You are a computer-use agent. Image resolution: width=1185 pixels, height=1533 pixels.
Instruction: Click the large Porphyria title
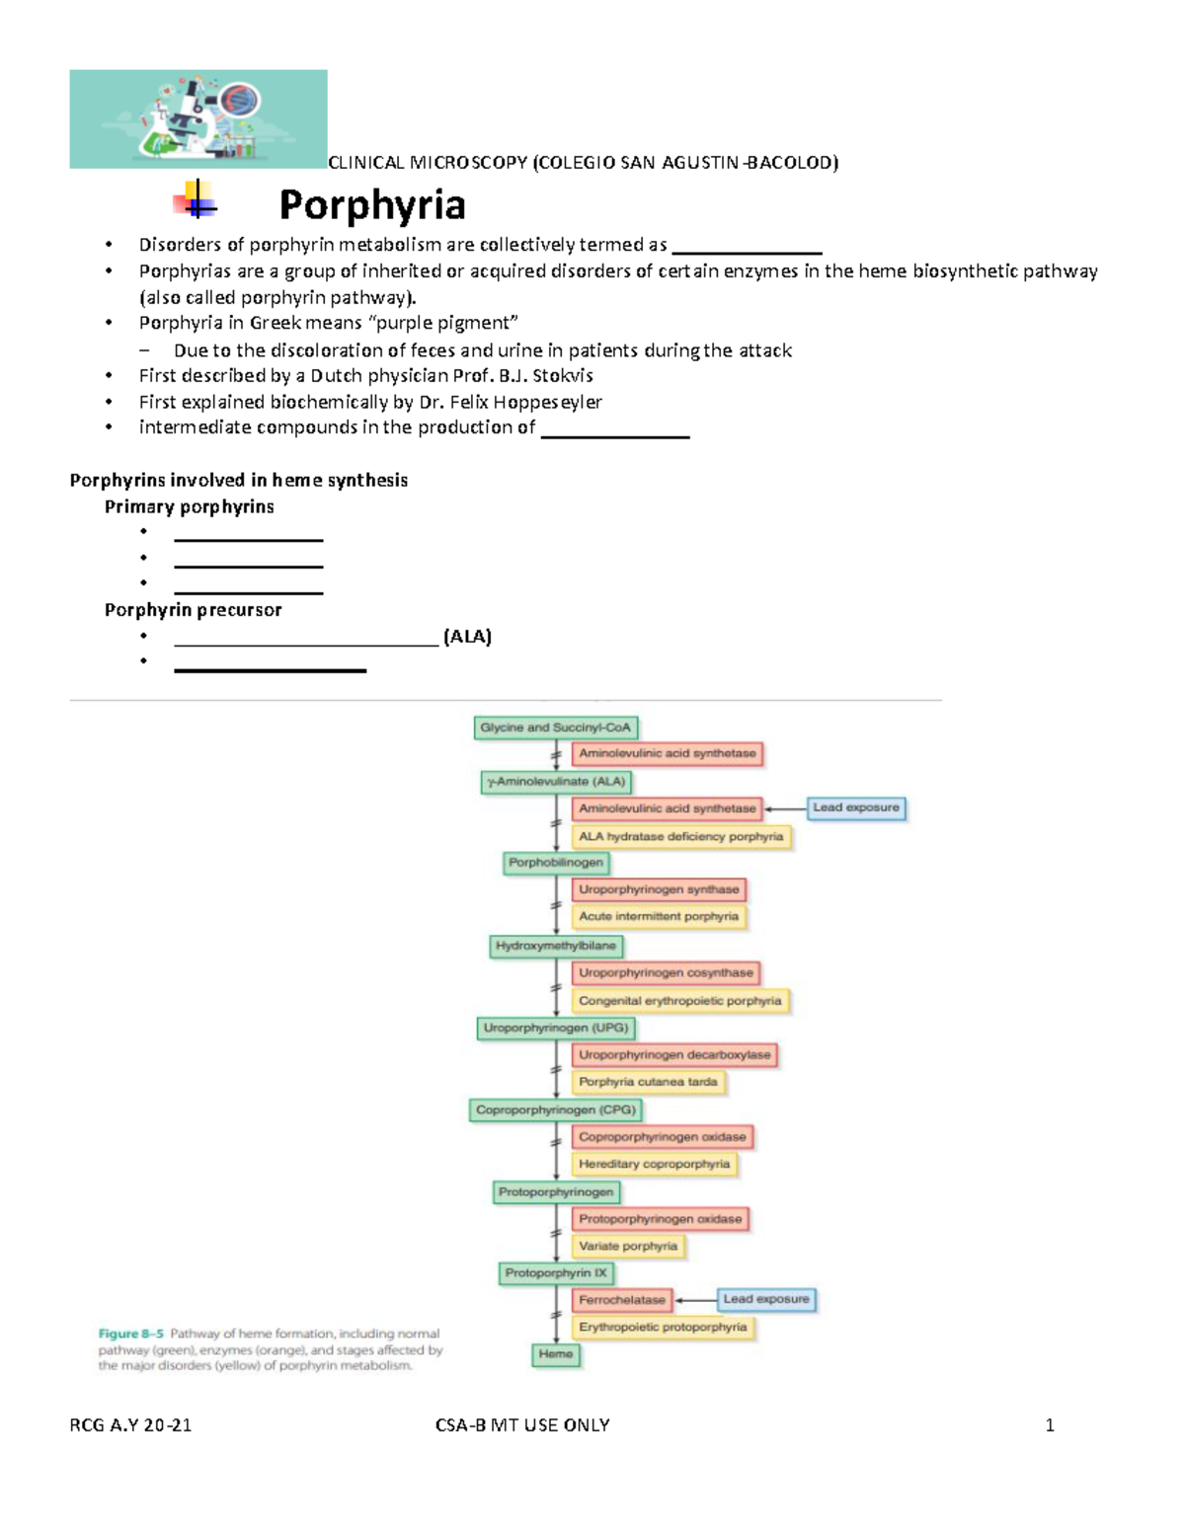(372, 205)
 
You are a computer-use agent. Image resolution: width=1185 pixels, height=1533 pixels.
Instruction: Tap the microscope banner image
(197, 118)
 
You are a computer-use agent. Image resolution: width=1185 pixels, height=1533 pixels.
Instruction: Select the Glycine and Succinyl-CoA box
(555, 728)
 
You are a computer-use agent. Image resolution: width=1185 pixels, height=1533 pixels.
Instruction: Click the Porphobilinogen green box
(555, 863)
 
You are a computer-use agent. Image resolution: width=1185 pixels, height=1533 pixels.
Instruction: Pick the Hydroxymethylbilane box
(555, 946)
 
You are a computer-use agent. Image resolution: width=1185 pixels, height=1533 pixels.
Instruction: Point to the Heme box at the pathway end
(556, 1354)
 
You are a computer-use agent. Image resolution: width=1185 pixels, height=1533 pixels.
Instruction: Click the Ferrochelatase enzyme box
(622, 1300)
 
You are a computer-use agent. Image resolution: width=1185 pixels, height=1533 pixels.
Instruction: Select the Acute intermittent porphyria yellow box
(659, 917)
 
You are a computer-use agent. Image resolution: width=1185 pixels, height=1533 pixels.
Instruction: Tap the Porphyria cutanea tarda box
(648, 1082)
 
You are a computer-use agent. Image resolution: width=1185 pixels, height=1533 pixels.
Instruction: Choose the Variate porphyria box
(628, 1246)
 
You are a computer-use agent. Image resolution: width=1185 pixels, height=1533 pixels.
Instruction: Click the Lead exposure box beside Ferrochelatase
(765, 1299)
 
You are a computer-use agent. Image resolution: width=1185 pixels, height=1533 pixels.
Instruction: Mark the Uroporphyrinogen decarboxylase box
(674, 1055)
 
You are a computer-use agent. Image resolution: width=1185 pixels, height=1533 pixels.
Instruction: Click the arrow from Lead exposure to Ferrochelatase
(695, 1300)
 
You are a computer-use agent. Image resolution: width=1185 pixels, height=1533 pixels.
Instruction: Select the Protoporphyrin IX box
(556, 1273)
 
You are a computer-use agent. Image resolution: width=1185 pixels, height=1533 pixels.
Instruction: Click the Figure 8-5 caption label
(130, 1334)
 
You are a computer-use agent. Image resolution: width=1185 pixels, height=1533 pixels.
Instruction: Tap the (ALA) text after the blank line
(467, 637)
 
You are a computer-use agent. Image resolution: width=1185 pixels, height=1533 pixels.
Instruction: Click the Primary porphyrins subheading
(190, 506)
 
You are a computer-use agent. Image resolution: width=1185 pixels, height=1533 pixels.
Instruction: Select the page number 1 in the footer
(1050, 1425)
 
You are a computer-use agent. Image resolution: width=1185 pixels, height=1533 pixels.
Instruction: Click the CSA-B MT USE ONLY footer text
(522, 1425)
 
